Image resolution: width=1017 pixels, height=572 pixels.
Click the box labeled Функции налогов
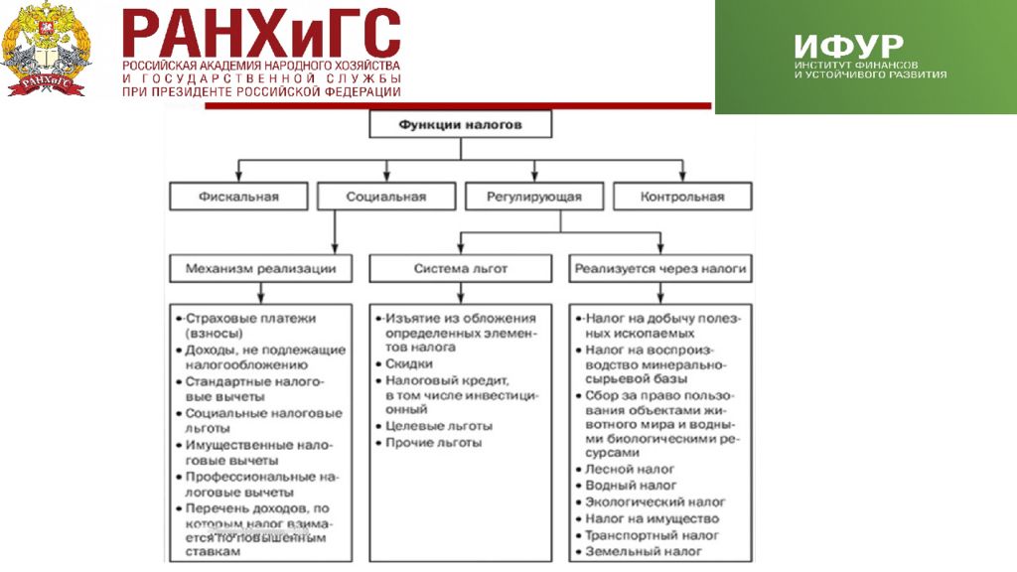460,125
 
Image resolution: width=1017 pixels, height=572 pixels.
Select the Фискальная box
238,197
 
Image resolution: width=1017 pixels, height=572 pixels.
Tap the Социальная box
386,197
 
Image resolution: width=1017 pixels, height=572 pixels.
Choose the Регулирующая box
534,197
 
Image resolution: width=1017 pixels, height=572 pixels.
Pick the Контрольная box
682,197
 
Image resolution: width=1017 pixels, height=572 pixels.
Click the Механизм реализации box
260,268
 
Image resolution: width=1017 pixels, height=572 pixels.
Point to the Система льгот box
460,268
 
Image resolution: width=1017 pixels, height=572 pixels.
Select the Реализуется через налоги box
660,268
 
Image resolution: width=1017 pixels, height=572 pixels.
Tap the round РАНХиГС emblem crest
47,49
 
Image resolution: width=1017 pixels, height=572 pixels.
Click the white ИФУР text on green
848,46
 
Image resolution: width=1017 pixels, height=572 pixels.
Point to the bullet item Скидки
409,364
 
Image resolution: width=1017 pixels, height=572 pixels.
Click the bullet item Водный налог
632,486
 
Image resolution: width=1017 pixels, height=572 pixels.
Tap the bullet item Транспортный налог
652,535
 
